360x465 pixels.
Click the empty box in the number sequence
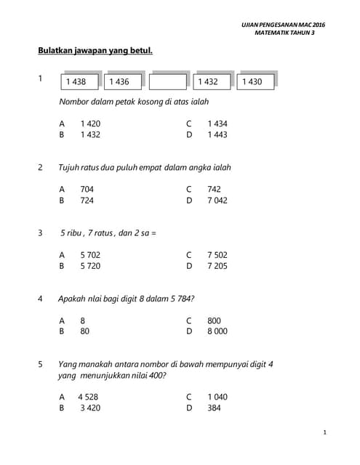click(x=168, y=82)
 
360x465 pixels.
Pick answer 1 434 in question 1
click(x=217, y=124)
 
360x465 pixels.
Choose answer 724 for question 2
click(x=87, y=200)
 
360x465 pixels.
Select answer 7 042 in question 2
click(x=217, y=200)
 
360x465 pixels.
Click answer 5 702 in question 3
click(x=90, y=255)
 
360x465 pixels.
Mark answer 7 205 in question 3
click(x=217, y=266)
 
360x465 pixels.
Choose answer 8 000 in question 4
click(x=217, y=331)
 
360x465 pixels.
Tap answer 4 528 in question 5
click(x=88, y=397)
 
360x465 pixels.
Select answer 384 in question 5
click(x=214, y=408)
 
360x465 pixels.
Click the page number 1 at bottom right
click(x=324, y=433)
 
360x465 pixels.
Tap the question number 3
click(x=40, y=233)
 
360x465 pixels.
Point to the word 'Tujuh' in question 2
click(x=69, y=167)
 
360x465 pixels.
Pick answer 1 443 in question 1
click(x=217, y=135)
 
